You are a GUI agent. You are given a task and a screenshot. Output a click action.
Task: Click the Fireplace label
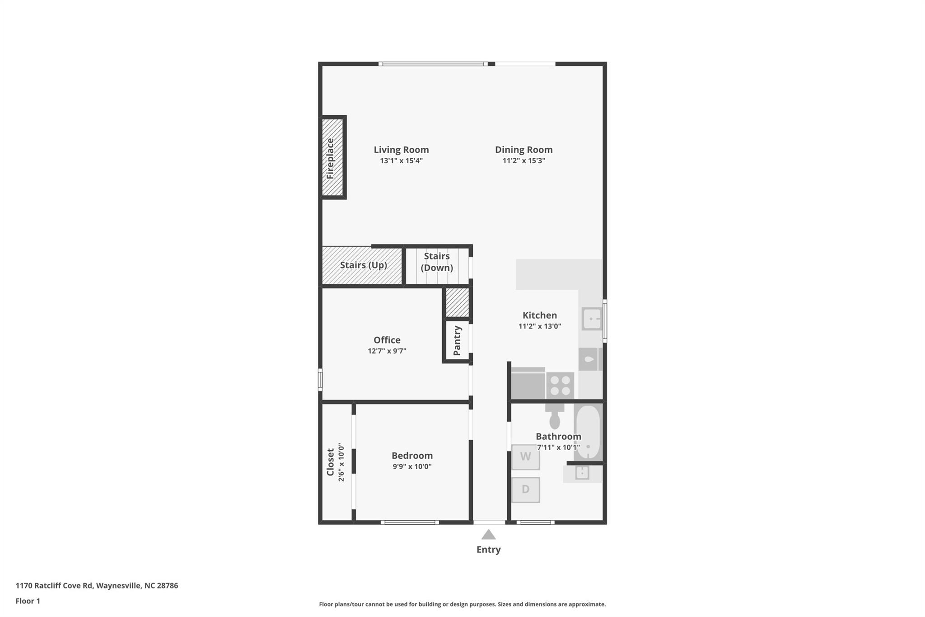330,158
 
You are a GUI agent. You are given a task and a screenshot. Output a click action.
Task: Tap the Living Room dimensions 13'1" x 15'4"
401,160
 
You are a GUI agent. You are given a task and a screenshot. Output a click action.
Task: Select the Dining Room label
523,150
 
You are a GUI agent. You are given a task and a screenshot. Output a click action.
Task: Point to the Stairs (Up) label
364,265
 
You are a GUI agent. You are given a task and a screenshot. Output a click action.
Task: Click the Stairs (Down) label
437,262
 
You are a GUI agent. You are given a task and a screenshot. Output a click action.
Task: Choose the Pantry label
457,340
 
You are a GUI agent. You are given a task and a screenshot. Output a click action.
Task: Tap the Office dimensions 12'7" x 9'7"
387,351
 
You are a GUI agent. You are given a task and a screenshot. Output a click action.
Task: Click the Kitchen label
540,315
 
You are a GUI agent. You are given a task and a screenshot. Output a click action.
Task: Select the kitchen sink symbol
592,319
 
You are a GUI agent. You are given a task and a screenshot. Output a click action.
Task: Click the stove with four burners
560,386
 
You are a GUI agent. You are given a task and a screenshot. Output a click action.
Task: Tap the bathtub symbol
588,432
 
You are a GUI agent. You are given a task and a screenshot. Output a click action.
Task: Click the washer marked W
525,457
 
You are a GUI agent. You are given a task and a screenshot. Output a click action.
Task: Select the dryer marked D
525,490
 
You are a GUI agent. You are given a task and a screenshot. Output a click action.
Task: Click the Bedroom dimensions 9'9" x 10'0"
412,466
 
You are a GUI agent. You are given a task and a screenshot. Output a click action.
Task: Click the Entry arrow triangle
488,535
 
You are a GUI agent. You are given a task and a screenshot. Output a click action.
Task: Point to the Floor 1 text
28,601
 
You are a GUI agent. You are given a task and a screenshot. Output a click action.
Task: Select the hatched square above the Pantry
457,302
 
